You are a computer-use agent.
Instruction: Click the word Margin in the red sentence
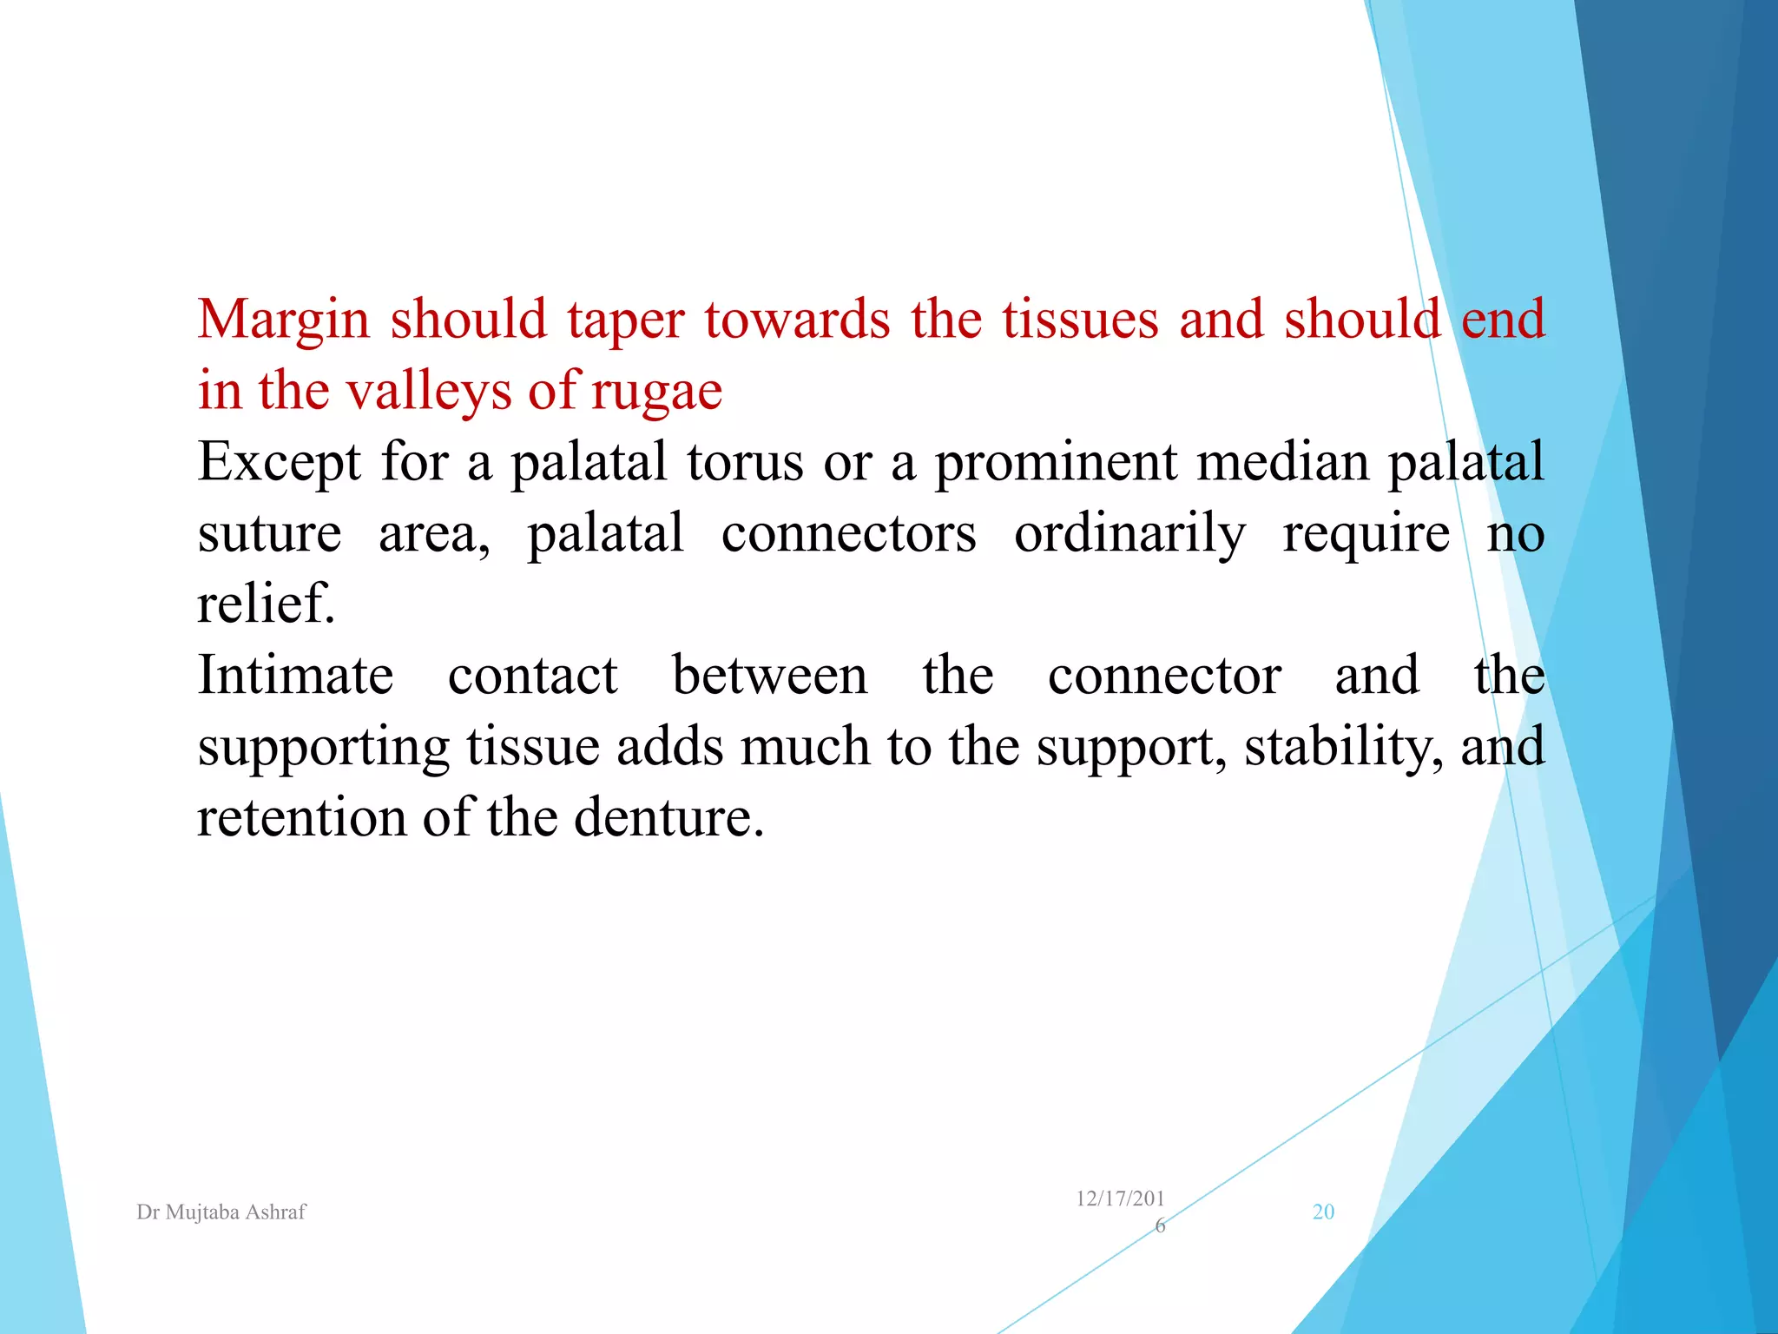pyautogui.click(x=284, y=320)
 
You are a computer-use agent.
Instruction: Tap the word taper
pyautogui.click(x=625, y=320)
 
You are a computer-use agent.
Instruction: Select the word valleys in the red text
pyautogui.click(x=430, y=391)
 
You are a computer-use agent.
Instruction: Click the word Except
pyautogui.click(x=279, y=462)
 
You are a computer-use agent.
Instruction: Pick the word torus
pyautogui.click(x=745, y=462)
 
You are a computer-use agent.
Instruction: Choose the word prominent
pyautogui.click(x=1056, y=462)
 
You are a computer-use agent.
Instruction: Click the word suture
pyautogui.click(x=269, y=533)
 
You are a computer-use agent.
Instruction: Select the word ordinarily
pyautogui.click(x=1129, y=533)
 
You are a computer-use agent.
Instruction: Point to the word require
pyautogui.click(x=1366, y=533)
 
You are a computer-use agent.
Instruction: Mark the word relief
pyautogui.click(x=266, y=604)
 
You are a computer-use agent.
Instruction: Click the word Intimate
pyautogui.click(x=295, y=676)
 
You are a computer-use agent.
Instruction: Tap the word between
pyautogui.click(x=769, y=676)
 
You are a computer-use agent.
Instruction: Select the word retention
pyautogui.click(x=300, y=818)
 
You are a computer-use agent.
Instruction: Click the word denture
pyautogui.click(x=668, y=818)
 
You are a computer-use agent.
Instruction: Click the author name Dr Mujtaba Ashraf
pyautogui.click(x=221, y=1212)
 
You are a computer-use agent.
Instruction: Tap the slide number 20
pyautogui.click(x=1323, y=1212)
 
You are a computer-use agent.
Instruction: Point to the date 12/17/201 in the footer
pyautogui.click(x=1120, y=1199)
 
